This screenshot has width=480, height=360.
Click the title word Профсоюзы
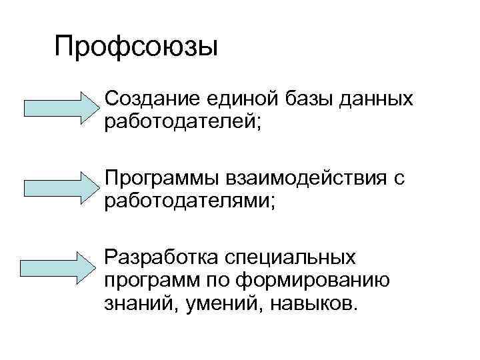(x=137, y=49)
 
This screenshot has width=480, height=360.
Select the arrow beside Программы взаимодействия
(x=61, y=187)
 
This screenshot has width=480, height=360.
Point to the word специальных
(x=290, y=258)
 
